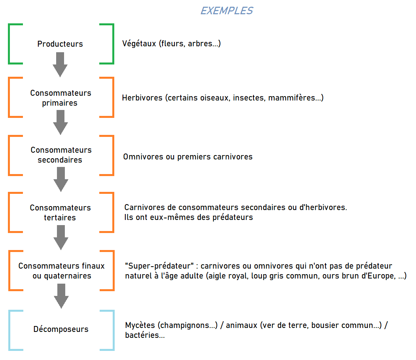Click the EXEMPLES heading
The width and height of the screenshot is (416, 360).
tap(226, 11)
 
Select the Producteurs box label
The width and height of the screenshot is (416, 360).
tap(60, 44)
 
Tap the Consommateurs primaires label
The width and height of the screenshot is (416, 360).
tap(61, 98)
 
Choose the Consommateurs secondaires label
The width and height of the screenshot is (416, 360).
tap(61, 155)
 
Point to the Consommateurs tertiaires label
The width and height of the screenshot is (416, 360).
tap(60, 212)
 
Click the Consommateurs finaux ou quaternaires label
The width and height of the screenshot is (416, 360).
tap(61, 271)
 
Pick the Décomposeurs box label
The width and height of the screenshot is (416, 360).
tap(61, 329)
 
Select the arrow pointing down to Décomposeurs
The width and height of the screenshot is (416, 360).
tap(61, 296)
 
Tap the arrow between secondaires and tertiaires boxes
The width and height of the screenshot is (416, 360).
tap(61, 180)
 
